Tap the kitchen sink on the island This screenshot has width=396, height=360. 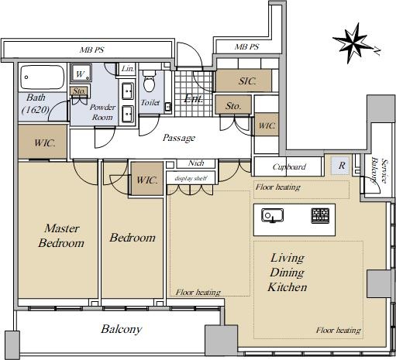272,215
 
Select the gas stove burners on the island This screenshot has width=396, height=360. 320,215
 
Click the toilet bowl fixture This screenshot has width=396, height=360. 149,81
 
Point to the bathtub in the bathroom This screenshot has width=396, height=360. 43,77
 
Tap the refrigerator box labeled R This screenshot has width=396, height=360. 341,166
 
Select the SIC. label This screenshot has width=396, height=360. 247,81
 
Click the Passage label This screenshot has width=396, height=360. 179,138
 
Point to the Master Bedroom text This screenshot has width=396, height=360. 61,235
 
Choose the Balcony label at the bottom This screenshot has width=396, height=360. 122,329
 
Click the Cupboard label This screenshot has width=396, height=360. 289,167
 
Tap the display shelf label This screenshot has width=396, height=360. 191,178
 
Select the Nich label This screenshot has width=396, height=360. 196,163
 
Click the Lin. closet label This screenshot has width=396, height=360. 128,69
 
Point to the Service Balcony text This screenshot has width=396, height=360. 381,171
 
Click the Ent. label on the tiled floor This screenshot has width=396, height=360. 194,98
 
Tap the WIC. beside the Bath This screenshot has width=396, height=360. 45,142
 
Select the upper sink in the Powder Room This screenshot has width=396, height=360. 128,91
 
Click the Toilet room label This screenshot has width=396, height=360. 150,102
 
